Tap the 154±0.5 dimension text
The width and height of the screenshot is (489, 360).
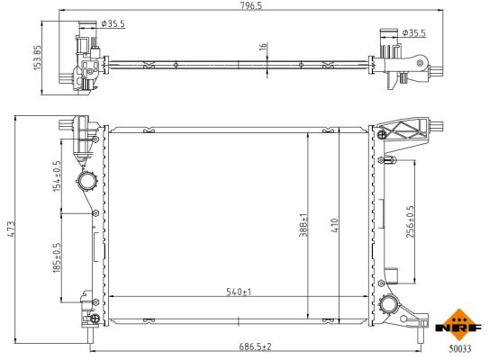click(57, 175)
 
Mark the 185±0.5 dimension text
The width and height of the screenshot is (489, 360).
click(57, 257)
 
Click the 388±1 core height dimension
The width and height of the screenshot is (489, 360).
click(304, 224)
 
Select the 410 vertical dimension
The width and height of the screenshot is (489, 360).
click(334, 224)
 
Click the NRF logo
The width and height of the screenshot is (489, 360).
click(457, 321)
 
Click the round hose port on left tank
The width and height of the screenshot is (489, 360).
click(88, 182)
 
